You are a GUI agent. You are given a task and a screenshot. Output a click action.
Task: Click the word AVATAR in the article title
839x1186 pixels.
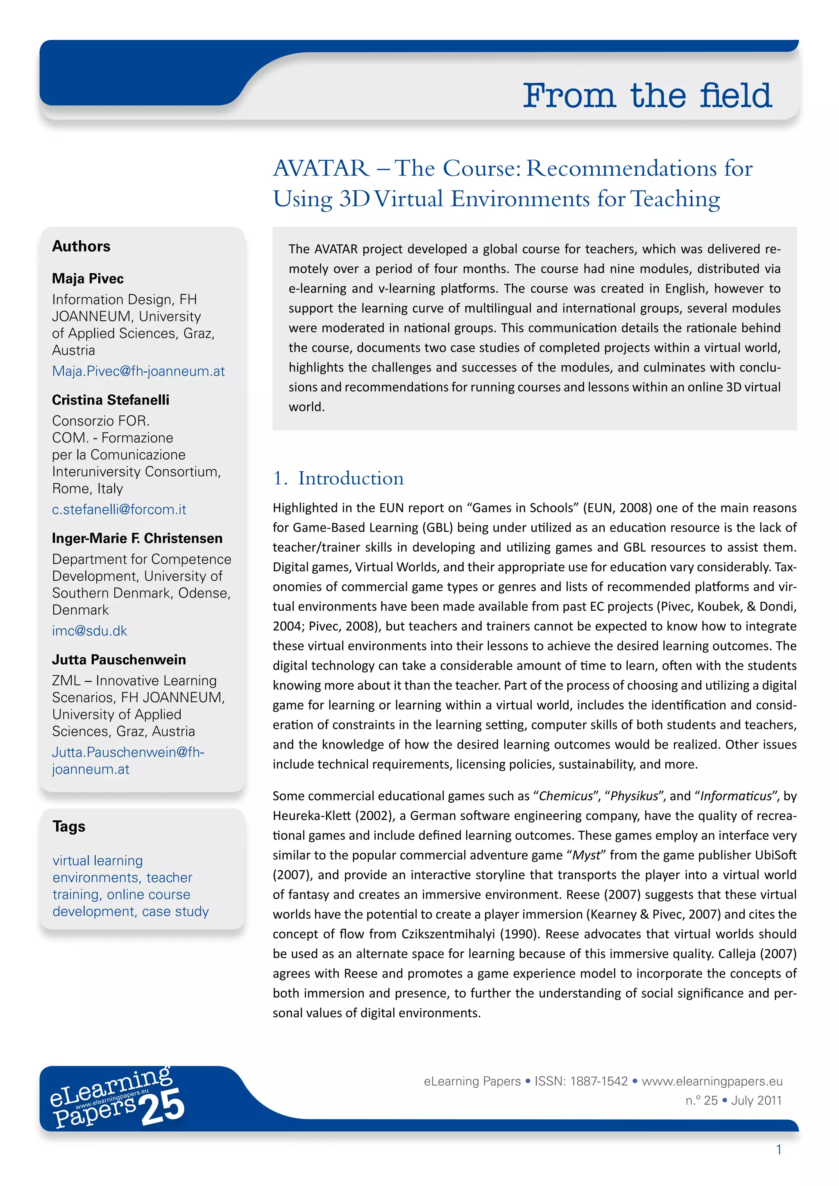pos(321,168)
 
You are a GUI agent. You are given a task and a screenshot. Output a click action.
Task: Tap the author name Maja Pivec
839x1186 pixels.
pos(88,278)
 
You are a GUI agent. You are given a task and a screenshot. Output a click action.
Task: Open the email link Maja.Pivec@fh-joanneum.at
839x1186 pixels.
pos(138,371)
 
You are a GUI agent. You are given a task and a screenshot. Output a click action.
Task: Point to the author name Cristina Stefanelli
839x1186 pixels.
pos(111,400)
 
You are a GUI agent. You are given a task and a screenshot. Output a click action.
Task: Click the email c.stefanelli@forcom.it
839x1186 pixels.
pos(119,509)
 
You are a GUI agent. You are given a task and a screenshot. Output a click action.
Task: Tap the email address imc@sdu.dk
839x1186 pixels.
pos(89,631)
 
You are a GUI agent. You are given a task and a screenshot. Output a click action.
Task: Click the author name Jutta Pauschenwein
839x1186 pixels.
pos(119,660)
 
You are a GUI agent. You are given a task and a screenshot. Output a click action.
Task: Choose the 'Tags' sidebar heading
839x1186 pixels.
pos(69,826)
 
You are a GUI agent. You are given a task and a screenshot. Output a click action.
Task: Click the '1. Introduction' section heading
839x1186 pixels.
pos(338,478)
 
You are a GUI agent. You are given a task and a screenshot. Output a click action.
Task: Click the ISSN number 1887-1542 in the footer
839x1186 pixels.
pos(599,1081)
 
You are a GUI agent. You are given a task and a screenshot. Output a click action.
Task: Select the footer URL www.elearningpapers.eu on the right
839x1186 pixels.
pos(712,1081)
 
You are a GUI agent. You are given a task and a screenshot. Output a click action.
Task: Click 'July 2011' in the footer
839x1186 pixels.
pos(756,1100)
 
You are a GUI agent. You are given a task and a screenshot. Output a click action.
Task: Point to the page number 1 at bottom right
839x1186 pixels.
pos(778,1150)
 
